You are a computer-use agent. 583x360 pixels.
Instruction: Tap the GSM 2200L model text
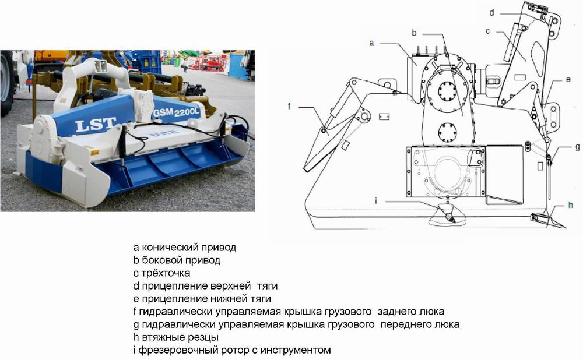(x=176, y=112)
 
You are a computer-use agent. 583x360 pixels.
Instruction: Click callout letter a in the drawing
(x=371, y=43)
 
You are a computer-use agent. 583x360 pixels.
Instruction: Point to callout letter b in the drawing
(x=414, y=33)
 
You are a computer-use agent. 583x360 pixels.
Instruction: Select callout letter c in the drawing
(x=488, y=31)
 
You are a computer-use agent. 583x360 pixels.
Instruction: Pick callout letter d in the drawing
(x=492, y=13)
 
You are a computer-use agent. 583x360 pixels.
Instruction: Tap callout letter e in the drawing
(x=568, y=79)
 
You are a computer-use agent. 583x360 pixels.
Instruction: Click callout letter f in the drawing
(x=289, y=106)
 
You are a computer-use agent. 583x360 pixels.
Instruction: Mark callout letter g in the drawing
(x=577, y=147)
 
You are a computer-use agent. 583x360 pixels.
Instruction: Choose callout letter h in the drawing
(x=571, y=204)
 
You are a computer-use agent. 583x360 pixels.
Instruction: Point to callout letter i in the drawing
(x=376, y=201)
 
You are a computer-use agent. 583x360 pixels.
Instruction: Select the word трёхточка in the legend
(x=166, y=273)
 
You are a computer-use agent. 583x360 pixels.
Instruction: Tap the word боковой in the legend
(x=161, y=260)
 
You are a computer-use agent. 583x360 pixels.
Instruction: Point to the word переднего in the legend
(x=404, y=324)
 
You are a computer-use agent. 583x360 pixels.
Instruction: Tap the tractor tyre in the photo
(x=6, y=84)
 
